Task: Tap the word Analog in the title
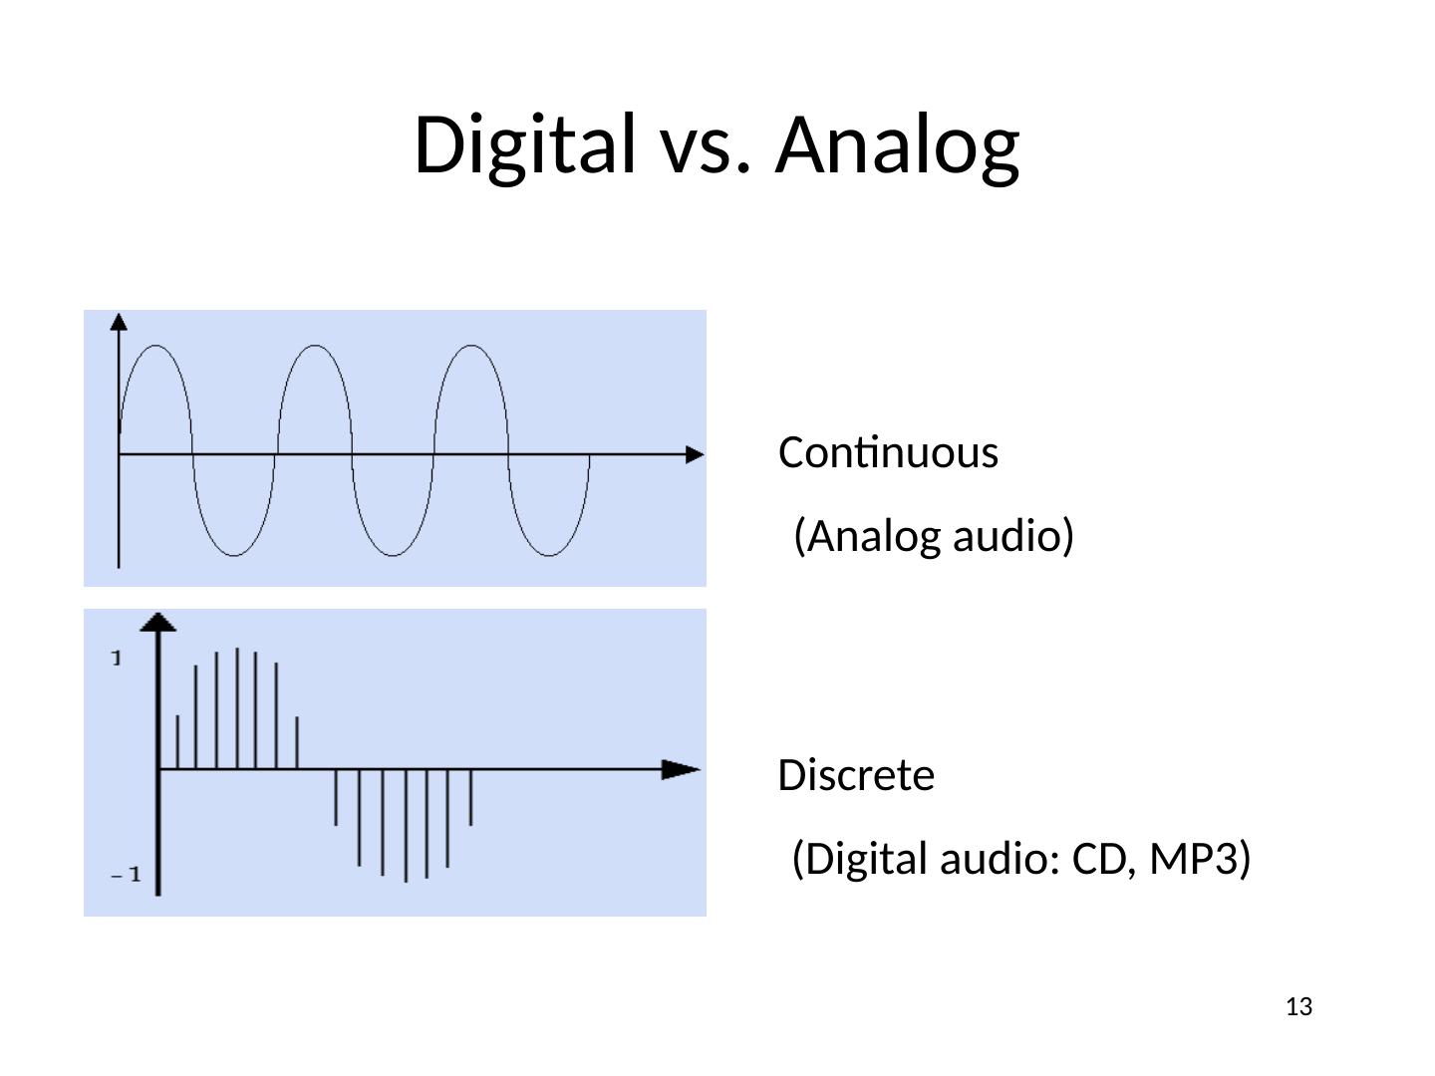coord(898,144)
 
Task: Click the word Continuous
coord(888,453)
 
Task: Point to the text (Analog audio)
coord(934,537)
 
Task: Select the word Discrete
coord(856,775)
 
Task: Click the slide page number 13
coord(1298,1007)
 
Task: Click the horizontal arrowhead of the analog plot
coord(695,454)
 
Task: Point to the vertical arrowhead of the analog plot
coord(119,321)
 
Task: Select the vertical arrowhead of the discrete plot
coord(158,622)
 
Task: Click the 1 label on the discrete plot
coord(118,659)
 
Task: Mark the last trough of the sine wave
coord(549,554)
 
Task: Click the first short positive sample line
coord(177,741)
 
